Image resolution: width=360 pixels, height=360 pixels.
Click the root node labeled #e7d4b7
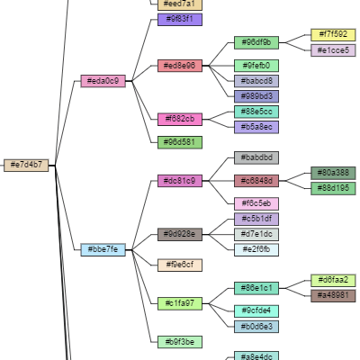pyautogui.click(x=26, y=165)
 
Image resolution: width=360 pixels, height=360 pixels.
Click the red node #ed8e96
pyautogui.click(x=180, y=66)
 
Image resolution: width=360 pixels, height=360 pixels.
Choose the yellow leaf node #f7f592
pyautogui.click(x=333, y=35)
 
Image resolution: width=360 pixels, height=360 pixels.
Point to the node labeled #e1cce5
pyautogui.click(x=333, y=50)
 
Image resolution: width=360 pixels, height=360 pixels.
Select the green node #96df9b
pyautogui.click(x=256, y=42)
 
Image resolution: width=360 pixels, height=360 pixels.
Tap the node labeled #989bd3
pyautogui.click(x=256, y=96)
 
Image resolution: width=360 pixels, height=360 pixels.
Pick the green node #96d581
pyautogui.click(x=180, y=142)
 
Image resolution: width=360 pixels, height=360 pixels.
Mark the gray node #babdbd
pyautogui.click(x=256, y=157)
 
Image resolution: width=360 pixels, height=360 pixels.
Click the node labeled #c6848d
pyautogui.click(x=256, y=181)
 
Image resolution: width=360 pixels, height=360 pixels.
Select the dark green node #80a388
pyautogui.click(x=333, y=173)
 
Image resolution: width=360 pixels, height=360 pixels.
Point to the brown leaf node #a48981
pyautogui.click(x=333, y=295)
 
